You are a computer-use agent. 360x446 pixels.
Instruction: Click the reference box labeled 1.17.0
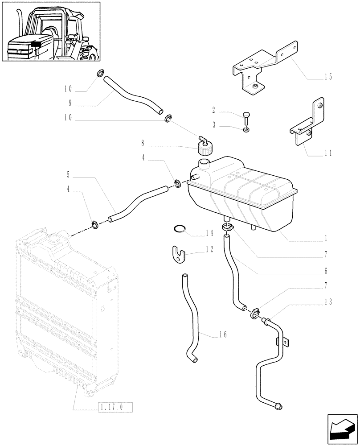[115, 407]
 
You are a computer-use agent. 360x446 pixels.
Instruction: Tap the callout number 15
[328, 77]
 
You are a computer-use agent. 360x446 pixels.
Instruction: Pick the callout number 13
[328, 302]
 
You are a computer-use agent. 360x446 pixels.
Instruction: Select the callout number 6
[326, 271]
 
